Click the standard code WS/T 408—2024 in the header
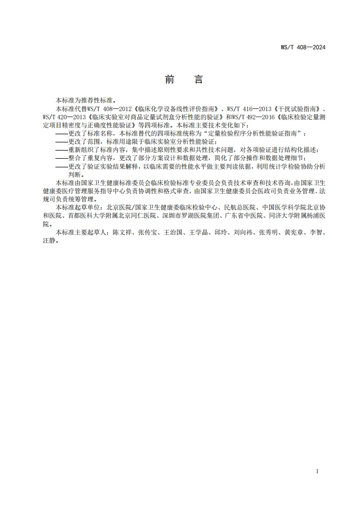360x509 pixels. (304, 47)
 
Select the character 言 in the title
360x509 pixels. (198, 80)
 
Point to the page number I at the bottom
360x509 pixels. (317, 471)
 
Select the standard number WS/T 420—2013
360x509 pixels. (59, 117)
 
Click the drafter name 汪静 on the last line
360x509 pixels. (46, 241)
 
